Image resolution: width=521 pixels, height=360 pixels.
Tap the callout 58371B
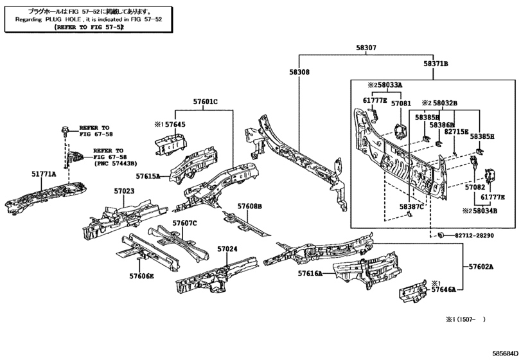pyautogui.click(x=435, y=64)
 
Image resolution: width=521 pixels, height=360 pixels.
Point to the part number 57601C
pyautogui.click(x=206, y=102)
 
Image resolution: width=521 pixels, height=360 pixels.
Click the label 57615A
pyautogui.click(x=148, y=175)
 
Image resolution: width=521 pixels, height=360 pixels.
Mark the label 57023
pyautogui.click(x=125, y=191)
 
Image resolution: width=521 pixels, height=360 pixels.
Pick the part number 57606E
pyautogui.click(x=141, y=275)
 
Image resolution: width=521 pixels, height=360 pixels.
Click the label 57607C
pyautogui.click(x=184, y=223)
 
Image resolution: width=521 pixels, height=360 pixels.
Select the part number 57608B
pyautogui.click(x=250, y=206)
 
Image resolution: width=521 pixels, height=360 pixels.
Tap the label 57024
pyautogui.click(x=227, y=249)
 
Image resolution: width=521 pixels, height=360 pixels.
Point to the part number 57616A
pyautogui.click(x=310, y=273)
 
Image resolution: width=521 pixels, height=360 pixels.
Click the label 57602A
pyautogui.click(x=481, y=267)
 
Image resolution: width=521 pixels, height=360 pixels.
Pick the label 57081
pyautogui.click(x=401, y=103)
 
